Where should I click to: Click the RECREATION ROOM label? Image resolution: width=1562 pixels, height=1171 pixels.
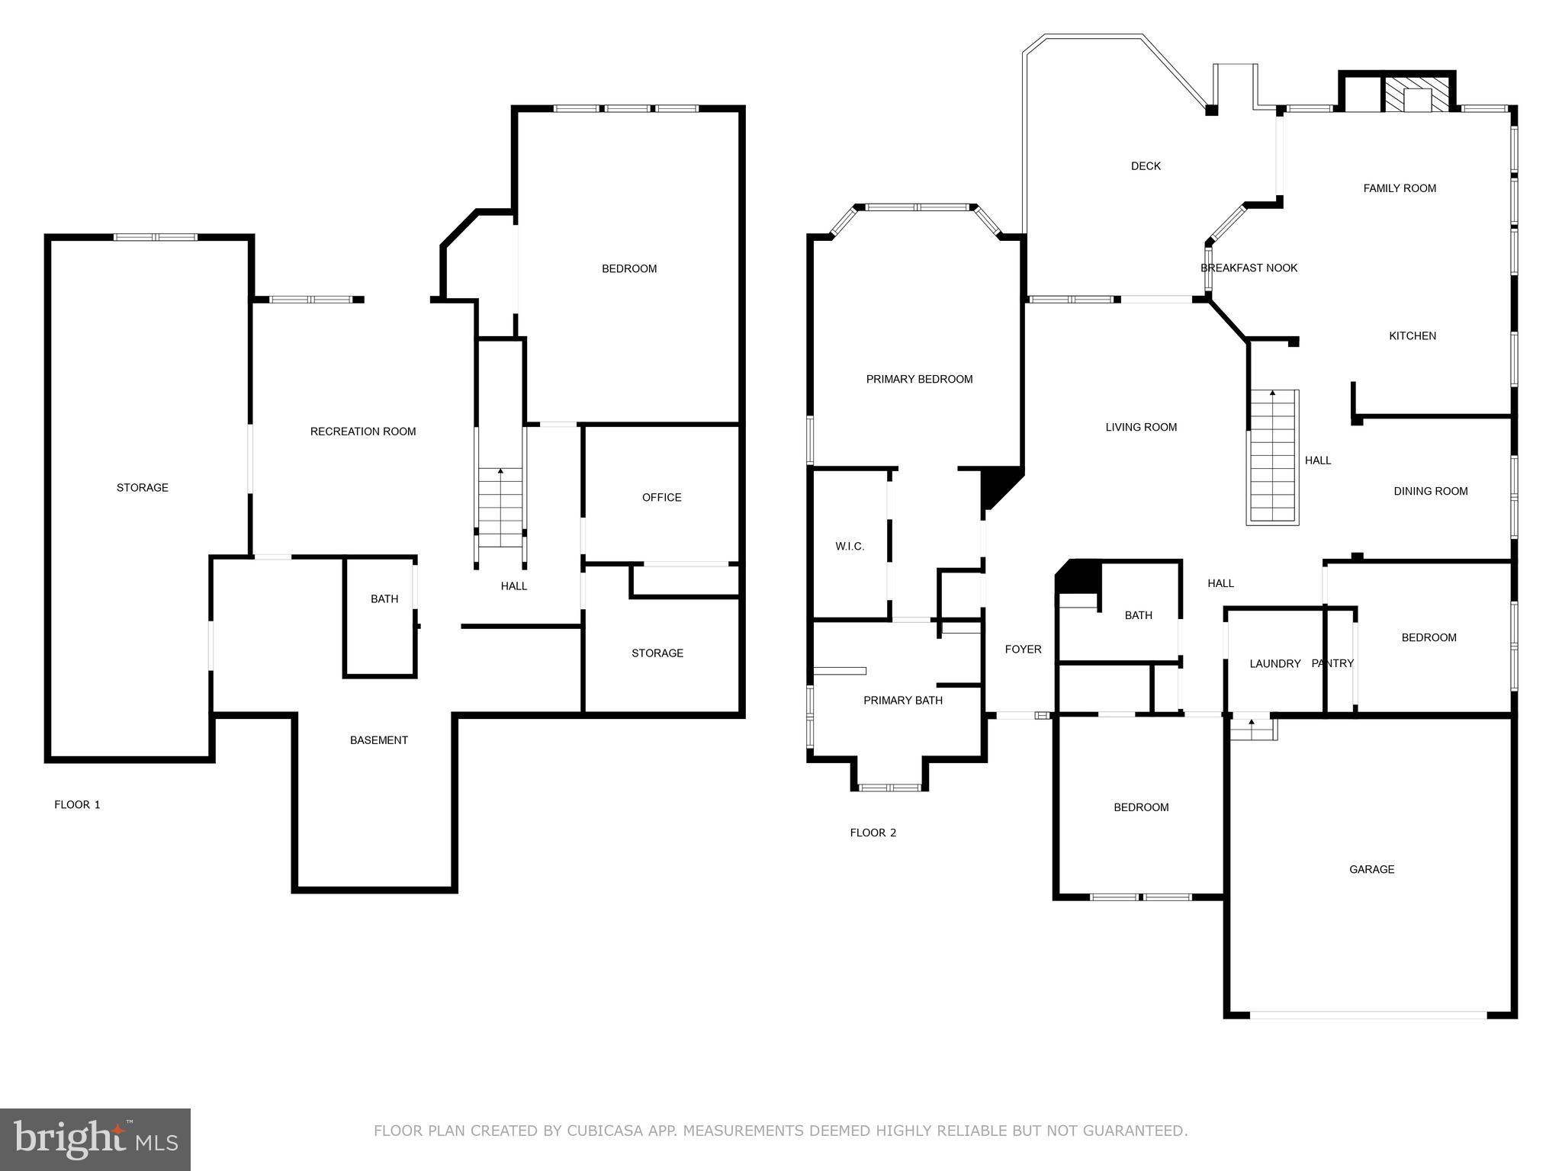tap(363, 432)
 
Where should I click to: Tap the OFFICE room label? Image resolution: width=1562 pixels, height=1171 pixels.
tap(661, 497)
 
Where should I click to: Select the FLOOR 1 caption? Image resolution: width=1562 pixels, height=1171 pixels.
tap(77, 804)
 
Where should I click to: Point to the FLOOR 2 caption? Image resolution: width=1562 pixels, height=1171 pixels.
tap(873, 833)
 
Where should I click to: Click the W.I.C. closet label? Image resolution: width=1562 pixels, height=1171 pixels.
tap(850, 546)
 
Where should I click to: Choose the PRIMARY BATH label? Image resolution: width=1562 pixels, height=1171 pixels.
tap(902, 700)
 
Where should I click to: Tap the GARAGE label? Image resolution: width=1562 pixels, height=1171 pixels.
tap(1371, 869)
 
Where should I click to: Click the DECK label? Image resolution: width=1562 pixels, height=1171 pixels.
tap(1146, 165)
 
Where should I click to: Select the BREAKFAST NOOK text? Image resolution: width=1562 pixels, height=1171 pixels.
tap(1249, 268)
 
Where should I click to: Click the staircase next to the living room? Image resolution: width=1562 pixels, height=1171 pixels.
tap(1272, 457)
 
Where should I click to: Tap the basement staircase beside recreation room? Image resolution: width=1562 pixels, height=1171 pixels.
tap(500, 507)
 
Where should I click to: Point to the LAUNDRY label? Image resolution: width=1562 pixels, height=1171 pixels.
tap(1274, 663)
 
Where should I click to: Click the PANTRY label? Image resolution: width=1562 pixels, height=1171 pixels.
tap(1332, 663)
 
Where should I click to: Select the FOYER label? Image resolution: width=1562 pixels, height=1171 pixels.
tap(1023, 649)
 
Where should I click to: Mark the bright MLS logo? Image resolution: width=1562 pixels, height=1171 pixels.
tap(95, 1139)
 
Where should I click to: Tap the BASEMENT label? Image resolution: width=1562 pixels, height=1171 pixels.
tap(378, 739)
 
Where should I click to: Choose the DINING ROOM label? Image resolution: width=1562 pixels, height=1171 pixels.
tap(1430, 491)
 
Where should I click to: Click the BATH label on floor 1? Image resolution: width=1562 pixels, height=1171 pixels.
tap(384, 598)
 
